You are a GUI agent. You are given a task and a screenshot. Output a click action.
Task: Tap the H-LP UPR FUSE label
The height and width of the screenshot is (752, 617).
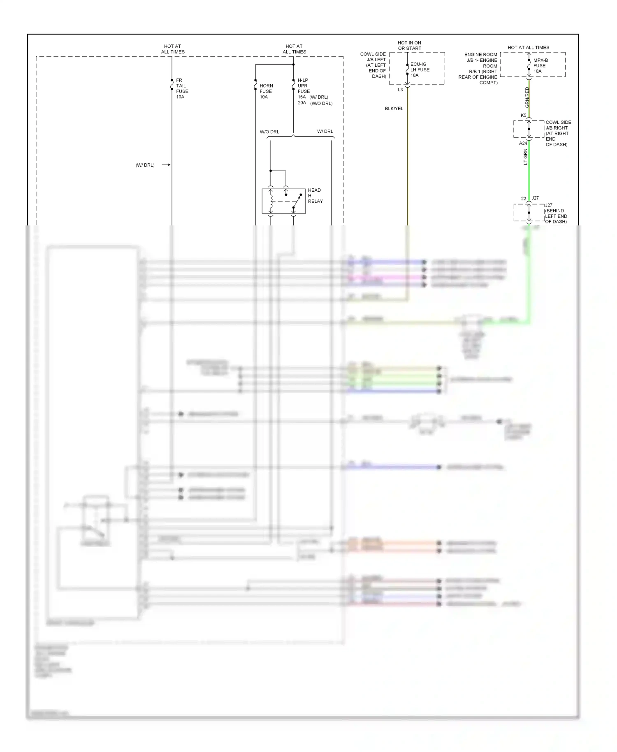tap(304, 86)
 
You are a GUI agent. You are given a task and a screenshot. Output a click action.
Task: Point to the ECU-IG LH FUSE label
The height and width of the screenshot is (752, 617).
tap(420, 70)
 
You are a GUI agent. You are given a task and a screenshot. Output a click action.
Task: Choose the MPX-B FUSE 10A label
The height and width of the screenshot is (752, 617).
tap(540, 65)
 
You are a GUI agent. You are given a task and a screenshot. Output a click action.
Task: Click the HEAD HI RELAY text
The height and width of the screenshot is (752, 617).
tap(315, 195)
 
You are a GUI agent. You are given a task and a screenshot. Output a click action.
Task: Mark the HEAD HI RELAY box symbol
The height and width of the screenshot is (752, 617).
tap(283, 201)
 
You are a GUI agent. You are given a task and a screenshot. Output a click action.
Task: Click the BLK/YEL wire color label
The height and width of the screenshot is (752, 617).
tap(394, 109)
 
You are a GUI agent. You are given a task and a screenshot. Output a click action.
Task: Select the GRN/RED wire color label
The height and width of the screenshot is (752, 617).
tap(527, 97)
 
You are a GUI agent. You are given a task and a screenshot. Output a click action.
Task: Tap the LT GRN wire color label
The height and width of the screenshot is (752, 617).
tap(525, 157)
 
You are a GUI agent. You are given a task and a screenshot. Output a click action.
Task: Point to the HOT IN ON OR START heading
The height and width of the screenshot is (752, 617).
tap(409, 46)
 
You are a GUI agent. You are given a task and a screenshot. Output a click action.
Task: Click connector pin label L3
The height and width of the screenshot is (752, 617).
tap(400, 90)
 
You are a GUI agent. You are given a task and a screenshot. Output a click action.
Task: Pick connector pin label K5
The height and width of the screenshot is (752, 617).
tap(523, 116)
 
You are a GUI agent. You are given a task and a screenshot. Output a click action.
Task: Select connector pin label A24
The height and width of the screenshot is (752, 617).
tap(523, 144)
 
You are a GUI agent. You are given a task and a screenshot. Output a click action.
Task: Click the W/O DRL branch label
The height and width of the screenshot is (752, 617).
tap(269, 132)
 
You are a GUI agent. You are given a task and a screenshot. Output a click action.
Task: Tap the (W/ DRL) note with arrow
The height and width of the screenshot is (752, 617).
tap(145, 165)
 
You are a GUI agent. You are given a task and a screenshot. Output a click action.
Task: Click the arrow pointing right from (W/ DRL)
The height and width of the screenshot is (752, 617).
tap(166, 165)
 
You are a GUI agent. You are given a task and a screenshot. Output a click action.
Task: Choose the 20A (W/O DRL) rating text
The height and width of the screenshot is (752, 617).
tap(315, 103)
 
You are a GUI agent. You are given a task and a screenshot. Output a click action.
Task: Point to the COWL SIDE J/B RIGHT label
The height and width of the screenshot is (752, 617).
tap(558, 133)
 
